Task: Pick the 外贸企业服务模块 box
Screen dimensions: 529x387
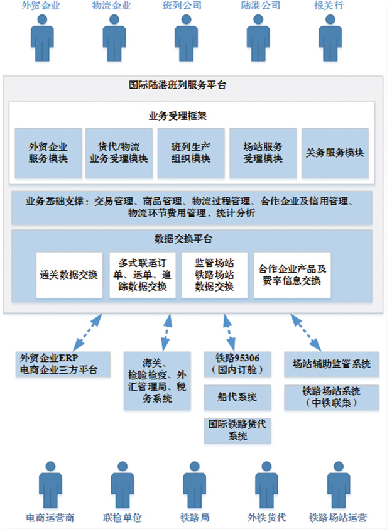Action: pyautogui.click(x=48, y=153)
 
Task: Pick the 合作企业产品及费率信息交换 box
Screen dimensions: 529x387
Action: pyautogui.click(x=292, y=275)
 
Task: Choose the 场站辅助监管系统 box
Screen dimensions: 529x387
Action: pyautogui.click(x=332, y=363)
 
